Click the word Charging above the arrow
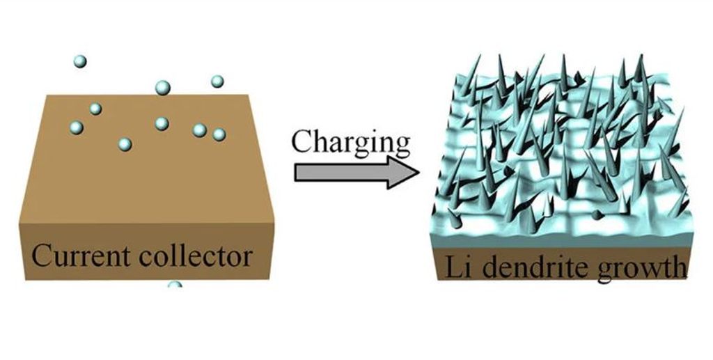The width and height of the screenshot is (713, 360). [x=350, y=141]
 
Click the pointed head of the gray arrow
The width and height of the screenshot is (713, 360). [x=403, y=172]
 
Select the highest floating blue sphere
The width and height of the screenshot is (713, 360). [x=80, y=61]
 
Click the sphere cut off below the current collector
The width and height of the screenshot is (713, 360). [x=175, y=284]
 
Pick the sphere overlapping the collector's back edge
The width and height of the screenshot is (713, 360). [x=162, y=88]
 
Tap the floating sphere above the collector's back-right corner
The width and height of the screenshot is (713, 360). [x=217, y=81]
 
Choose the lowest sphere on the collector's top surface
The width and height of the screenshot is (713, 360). [x=125, y=144]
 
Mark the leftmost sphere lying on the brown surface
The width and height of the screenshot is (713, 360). [x=77, y=127]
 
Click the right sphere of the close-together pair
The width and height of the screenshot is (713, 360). [x=219, y=134]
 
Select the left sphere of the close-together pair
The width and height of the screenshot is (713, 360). [x=199, y=130]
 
